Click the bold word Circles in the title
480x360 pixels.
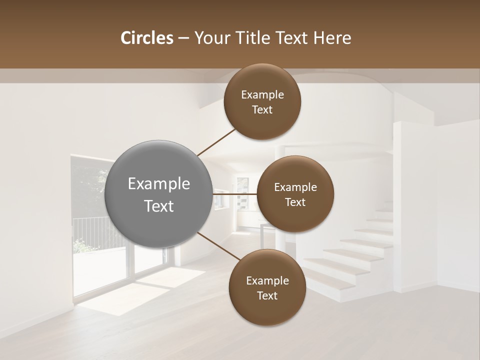point(146,38)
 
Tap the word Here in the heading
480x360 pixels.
point(332,38)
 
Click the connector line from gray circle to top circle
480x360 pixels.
point(216,141)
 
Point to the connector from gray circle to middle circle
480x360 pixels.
point(235,193)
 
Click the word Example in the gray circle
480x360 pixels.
point(159,184)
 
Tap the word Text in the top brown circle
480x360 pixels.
point(262,110)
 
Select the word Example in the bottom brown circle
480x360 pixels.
point(267,280)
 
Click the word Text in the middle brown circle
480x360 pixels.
point(295,202)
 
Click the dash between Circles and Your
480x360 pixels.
point(183,38)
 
